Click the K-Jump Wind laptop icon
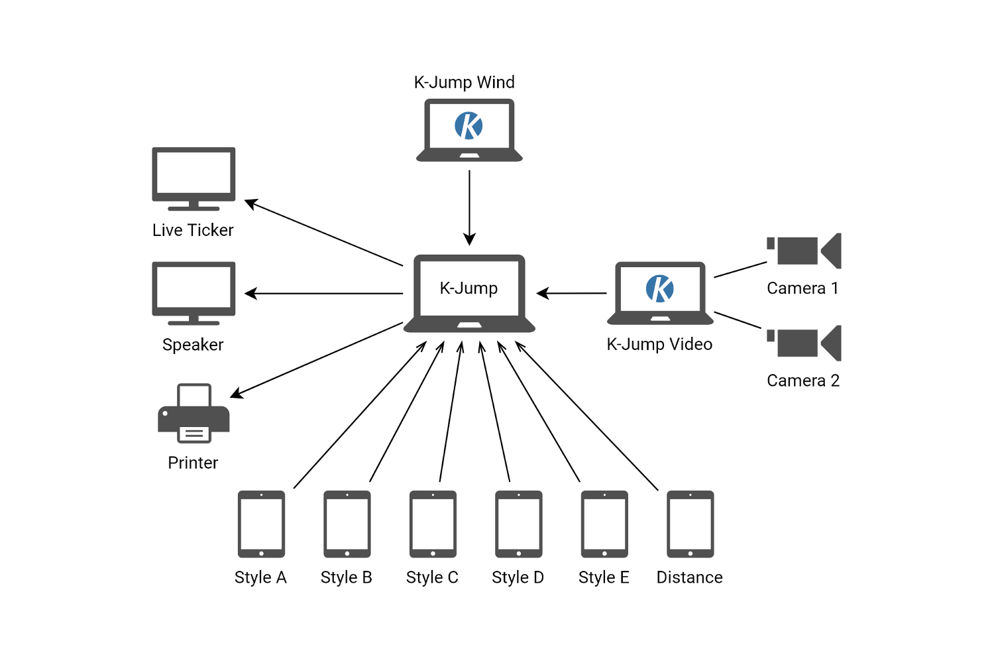tap(469, 130)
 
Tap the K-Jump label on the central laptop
tap(469, 288)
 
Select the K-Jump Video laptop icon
tap(660, 292)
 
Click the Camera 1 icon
tap(804, 251)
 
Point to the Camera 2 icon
tap(804, 343)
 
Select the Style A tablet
tap(261, 524)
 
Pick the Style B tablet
tap(347, 524)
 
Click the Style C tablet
tap(433, 524)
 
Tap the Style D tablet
tap(518, 524)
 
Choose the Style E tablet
tap(604, 524)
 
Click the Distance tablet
tap(690, 524)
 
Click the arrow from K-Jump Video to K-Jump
tap(571, 293)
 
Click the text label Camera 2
tap(803, 381)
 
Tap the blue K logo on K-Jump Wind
tap(469, 125)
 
